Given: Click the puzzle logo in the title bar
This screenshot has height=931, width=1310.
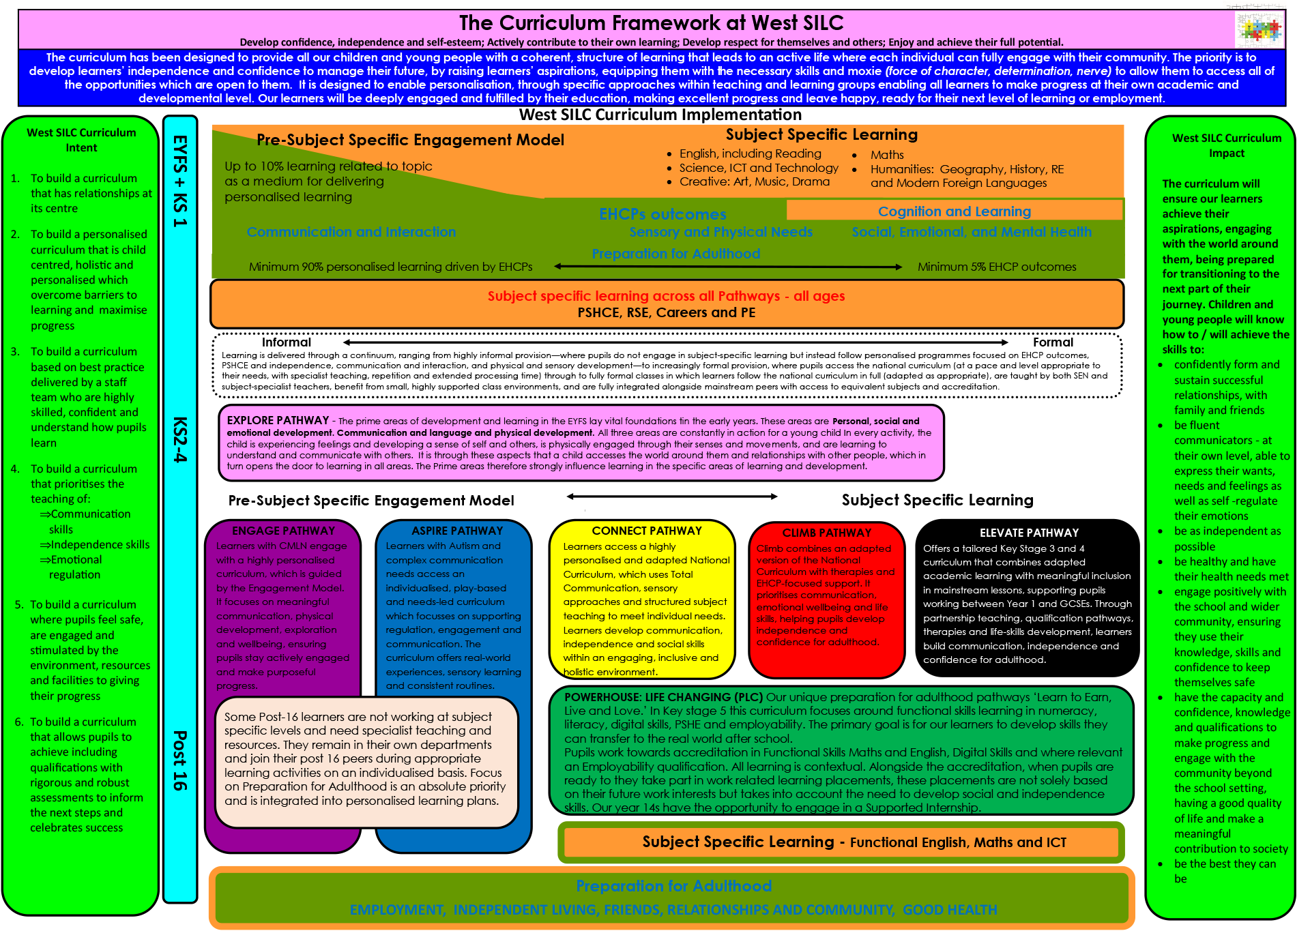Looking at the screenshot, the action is point(1259,29).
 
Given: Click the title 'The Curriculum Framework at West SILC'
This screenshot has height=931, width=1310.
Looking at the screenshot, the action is point(651,23).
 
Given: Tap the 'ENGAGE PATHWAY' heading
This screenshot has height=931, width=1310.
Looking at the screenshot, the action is point(283,531).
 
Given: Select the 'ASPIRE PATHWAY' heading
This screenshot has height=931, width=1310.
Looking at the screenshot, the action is point(456,531).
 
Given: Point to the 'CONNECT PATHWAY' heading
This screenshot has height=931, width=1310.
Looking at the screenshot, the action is point(646,531).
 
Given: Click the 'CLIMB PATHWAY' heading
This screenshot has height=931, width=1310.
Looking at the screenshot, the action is point(826,533).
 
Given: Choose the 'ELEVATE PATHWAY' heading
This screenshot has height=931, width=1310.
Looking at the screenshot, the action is point(1029,533).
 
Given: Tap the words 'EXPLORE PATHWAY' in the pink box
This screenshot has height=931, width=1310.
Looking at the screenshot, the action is point(278,420).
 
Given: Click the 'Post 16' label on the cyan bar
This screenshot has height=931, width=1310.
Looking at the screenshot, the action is point(179,760).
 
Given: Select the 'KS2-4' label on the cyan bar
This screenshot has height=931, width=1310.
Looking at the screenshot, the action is point(179,439).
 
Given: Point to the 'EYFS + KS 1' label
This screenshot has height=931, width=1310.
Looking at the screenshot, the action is point(179,181).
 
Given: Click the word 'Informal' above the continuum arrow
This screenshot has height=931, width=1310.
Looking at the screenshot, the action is point(286,342).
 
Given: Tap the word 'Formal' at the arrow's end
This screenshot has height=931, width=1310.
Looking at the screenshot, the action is point(1052,342).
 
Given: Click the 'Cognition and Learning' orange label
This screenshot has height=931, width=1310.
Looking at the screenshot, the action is point(954,211).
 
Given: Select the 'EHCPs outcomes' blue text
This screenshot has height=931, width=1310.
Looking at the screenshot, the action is point(662,214).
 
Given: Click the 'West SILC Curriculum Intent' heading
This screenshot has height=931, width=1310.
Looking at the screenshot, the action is point(81,140).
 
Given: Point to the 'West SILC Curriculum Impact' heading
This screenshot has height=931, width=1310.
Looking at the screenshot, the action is point(1226,145).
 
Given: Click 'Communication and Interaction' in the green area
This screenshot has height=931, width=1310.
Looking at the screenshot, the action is point(351,232).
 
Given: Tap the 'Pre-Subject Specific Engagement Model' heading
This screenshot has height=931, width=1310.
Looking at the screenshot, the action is point(410,140).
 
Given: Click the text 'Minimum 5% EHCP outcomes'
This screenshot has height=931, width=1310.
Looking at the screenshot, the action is point(996,267).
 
